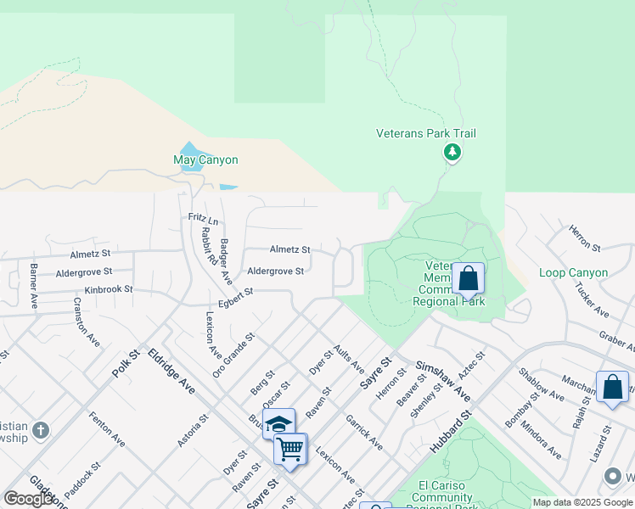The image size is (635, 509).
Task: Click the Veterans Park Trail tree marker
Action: [x=452, y=153]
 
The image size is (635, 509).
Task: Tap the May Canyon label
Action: [x=205, y=159]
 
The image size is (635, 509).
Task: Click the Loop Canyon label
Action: [x=573, y=273]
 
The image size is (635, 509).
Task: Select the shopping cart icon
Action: [x=290, y=449]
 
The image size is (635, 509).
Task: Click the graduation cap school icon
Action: [x=278, y=423]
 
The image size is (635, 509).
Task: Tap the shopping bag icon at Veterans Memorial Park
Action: [x=467, y=277]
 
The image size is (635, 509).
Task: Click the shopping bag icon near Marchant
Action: [x=612, y=387]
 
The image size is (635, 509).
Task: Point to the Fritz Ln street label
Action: [x=203, y=221]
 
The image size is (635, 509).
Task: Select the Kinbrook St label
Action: [x=109, y=289]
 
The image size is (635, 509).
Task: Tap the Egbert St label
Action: [x=235, y=294]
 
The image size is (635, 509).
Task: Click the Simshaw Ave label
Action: [x=442, y=380]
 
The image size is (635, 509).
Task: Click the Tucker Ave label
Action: [x=592, y=301]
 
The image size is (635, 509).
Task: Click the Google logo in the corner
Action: [x=29, y=499]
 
